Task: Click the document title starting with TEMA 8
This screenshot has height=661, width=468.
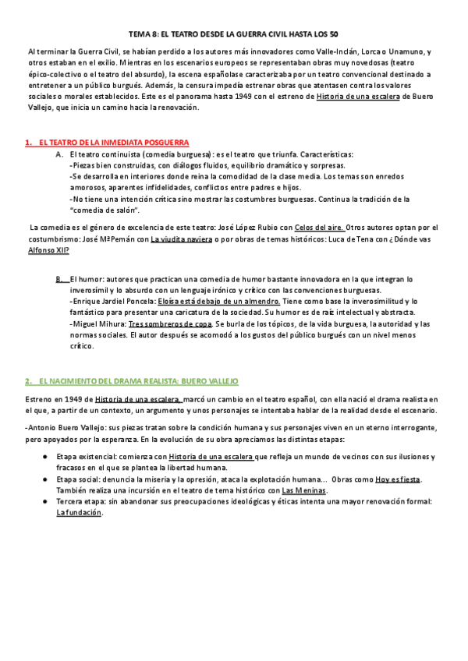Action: tap(233, 35)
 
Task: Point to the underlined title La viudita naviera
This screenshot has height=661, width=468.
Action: tap(181, 239)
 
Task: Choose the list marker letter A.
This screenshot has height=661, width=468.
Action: tap(59, 154)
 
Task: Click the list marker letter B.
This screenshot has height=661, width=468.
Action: tap(59, 278)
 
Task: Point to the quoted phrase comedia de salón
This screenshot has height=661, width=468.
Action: tap(105, 210)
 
